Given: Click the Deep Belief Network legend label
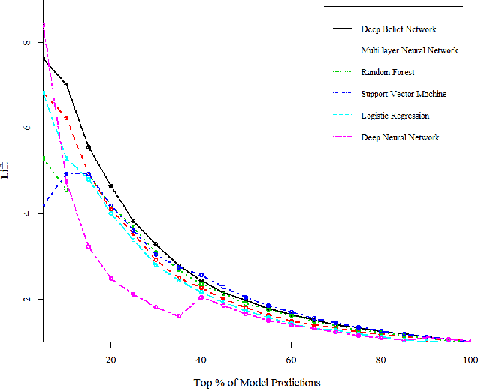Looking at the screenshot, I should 398,29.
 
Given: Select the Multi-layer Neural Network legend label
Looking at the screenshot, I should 409,51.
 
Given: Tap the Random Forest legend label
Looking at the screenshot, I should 387,73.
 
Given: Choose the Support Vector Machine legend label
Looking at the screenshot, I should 404,94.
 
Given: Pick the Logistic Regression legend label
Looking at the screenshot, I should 395,116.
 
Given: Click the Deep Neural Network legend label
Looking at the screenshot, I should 400,137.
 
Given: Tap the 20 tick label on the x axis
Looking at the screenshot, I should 110,360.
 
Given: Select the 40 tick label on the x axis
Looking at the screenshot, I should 201,360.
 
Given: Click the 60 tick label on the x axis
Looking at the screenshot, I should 291,360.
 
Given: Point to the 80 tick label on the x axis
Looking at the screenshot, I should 381,360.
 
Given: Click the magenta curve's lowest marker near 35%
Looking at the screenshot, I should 178,316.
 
